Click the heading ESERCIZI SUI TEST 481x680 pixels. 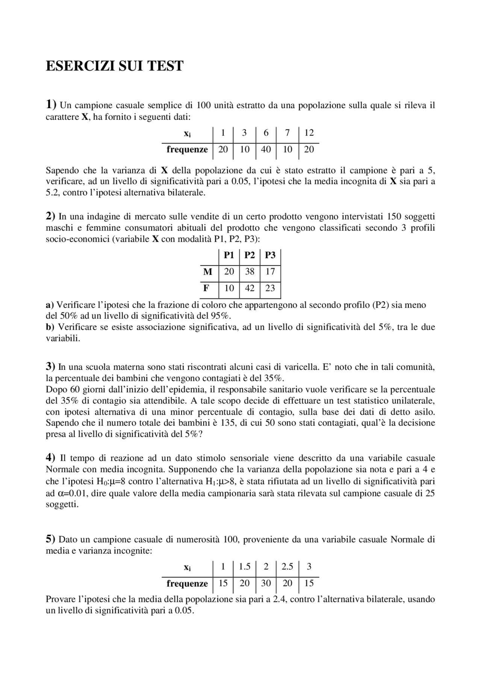point(114,66)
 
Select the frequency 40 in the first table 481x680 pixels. point(266,149)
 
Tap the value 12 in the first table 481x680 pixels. point(309,133)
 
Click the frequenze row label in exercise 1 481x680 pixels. point(187,149)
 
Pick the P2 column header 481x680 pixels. point(250,255)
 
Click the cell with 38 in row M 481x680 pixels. point(250,271)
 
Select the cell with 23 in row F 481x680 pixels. point(270,288)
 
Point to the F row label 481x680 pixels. point(206,288)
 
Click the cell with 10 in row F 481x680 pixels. point(229,288)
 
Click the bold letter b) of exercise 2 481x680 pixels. point(50,327)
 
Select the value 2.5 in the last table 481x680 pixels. point(287,567)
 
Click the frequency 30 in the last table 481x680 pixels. point(266,583)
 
